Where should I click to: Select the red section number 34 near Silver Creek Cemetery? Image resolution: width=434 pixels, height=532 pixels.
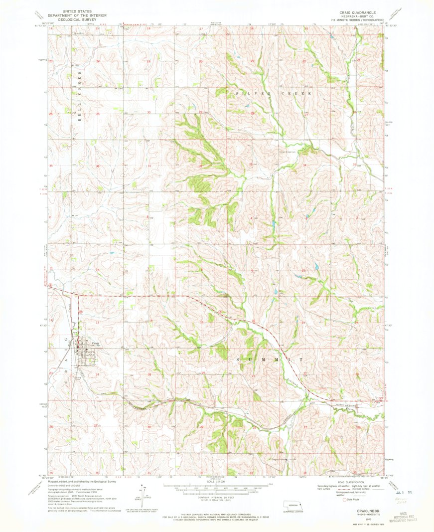pyautogui.click(x=304, y=165)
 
